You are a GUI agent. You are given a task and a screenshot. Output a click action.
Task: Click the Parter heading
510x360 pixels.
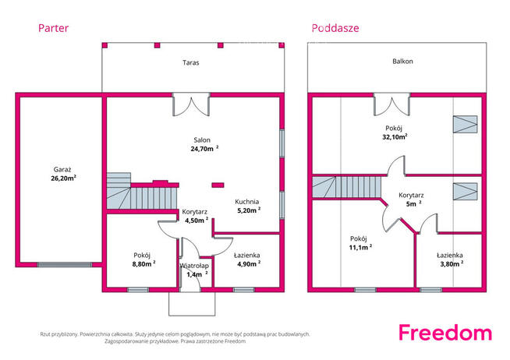[x=53, y=28]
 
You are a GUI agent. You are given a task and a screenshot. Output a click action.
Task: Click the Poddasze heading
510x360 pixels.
[x=335, y=28]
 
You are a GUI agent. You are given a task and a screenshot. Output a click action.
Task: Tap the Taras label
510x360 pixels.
[x=190, y=62]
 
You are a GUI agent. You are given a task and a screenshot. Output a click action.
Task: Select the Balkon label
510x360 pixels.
[x=402, y=61]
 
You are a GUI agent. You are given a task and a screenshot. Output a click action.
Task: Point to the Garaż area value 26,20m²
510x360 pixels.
[x=63, y=178]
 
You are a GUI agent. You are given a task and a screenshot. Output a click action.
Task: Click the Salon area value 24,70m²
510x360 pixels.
[x=204, y=149]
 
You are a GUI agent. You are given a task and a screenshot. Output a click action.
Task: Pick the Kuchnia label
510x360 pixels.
[x=247, y=202]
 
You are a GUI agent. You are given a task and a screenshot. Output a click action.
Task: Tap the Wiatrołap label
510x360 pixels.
[x=194, y=266]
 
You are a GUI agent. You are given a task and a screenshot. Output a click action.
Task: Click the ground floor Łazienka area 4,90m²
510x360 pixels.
[x=249, y=264]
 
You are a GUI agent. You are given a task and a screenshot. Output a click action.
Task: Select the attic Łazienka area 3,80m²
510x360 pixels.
[x=452, y=264]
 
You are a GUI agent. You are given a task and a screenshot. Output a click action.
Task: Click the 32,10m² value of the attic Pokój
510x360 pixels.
[x=395, y=137]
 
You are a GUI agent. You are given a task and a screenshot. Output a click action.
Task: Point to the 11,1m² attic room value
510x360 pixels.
[x=360, y=247]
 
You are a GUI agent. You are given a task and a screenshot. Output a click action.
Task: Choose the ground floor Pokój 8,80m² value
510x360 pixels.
[x=143, y=264]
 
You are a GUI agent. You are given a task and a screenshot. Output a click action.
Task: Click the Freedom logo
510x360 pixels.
[x=445, y=333]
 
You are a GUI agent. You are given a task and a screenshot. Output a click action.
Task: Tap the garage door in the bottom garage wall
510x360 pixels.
[x=65, y=265]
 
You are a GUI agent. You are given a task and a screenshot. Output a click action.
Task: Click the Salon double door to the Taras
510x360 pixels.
[x=191, y=104]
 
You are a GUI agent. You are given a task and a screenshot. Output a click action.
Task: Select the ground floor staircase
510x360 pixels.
[x=142, y=193]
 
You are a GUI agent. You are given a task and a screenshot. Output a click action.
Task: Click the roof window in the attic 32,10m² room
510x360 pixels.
[x=465, y=124]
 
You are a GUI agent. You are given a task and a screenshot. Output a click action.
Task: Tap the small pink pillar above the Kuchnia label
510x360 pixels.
[x=218, y=185]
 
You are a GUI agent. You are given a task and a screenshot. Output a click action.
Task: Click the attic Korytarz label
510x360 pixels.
[x=411, y=196]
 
